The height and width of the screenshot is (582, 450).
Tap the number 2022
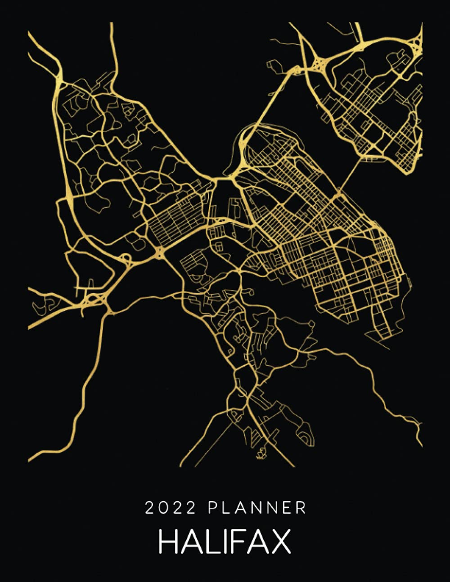click(171, 508)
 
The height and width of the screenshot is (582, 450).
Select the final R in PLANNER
click(301, 508)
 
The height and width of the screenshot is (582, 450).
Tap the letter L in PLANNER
click(226, 508)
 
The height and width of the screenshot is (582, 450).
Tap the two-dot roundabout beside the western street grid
click(160, 252)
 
